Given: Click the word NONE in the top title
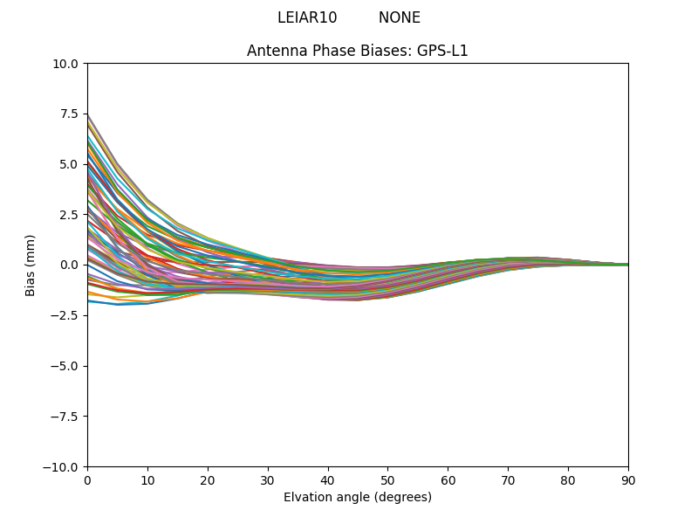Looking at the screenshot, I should pos(399,17).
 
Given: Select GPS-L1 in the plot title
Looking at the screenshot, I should pos(443,51).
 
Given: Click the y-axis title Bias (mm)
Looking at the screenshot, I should pos(31,265).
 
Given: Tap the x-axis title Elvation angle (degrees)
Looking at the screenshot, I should pos(358,497).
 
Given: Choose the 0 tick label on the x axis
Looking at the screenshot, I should pos(87,479).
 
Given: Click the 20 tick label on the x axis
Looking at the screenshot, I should pos(208,479).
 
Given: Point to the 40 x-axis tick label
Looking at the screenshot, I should pos(328,479).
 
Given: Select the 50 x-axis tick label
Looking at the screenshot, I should pos(387,479).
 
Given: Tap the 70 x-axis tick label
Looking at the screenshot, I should pos(508,479).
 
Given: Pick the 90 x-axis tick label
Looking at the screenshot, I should pos(628,479).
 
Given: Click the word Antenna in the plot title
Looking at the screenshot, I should pos(273,51).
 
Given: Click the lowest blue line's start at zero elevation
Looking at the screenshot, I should pos(88,300).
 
